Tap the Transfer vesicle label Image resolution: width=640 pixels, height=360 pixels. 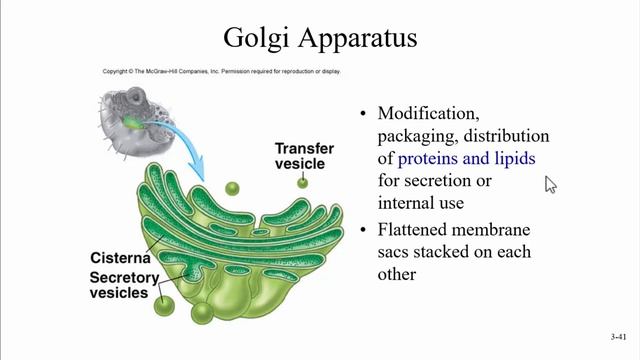click(304, 156)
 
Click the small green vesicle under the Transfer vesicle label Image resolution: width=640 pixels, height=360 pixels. click(302, 182)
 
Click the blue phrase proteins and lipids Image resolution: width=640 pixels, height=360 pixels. click(466, 158)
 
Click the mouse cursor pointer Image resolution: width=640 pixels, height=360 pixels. click(549, 184)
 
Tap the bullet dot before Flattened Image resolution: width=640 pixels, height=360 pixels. click(363, 228)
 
